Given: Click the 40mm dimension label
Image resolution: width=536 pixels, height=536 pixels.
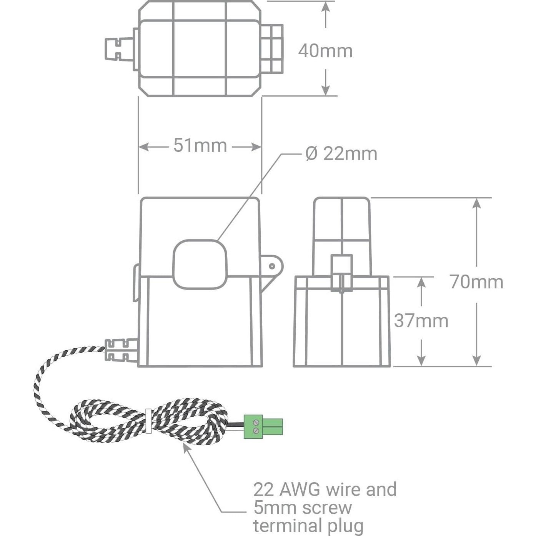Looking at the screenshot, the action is coord(325,51).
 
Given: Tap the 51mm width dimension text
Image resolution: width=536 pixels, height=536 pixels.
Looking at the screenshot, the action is coord(200,145).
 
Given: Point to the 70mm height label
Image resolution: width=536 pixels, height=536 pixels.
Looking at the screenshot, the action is coord(477,282).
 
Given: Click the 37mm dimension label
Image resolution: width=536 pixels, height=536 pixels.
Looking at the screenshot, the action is coord(421,321).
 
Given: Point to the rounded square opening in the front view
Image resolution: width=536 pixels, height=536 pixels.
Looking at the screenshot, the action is coord(200,264).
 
